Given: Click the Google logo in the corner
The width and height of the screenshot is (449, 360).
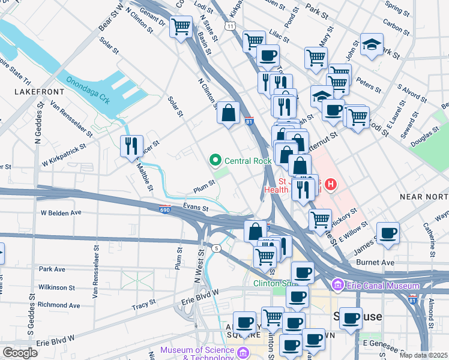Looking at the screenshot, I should (x=20, y=353).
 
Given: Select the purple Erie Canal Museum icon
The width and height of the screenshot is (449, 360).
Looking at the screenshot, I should (x=337, y=283).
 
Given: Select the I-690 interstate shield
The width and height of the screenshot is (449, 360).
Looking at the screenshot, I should (x=166, y=209).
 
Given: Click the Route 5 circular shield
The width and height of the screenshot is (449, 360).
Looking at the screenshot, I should (x=216, y=248).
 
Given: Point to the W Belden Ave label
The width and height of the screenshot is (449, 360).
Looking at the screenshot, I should (x=61, y=212).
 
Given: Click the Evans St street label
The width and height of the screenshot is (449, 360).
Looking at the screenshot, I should (x=196, y=208).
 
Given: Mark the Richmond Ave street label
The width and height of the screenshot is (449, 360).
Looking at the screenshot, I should (x=59, y=305).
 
